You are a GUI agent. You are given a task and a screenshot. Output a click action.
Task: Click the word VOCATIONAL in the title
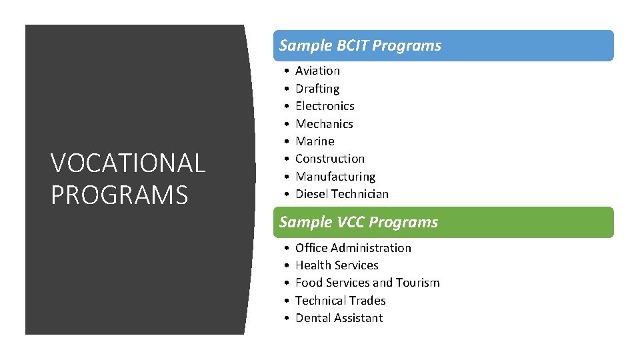click(x=128, y=163)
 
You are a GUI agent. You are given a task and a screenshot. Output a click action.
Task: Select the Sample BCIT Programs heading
click(x=360, y=45)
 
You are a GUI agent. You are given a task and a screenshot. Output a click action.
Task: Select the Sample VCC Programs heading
click(x=359, y=222)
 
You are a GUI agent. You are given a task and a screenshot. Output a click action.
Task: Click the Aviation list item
click(x=317, y=71)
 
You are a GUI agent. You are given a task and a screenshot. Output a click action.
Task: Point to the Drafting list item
click(x=317, y=89)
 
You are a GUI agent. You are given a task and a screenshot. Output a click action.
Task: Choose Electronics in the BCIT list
click(x=325, y=106)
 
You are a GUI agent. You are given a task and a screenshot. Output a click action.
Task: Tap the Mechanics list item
click(x=324, y=124)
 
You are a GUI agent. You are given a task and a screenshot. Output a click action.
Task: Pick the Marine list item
click(x=315, y=141)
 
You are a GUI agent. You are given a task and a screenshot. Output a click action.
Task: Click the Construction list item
click(x=330, y=159)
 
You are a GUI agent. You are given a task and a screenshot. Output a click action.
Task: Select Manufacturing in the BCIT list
click(x=335, y=177)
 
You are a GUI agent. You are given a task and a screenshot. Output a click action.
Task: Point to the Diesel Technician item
click(x=341, y=194)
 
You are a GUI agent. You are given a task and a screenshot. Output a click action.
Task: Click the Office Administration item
click(x=353, y=248)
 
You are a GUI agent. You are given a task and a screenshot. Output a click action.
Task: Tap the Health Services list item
click(x=337, y=265)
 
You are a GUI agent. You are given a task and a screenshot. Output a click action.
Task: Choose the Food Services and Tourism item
click(x=367, y=283)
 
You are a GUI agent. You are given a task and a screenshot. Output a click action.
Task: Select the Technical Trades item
click(x=340, y=301)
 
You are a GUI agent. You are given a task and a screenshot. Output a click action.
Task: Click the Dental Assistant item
click(x=339, y=318)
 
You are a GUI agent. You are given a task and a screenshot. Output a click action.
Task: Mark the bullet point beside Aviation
click(x=285, y=71)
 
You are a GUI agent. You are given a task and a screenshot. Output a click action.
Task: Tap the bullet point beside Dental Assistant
click(x=285, y=318)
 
